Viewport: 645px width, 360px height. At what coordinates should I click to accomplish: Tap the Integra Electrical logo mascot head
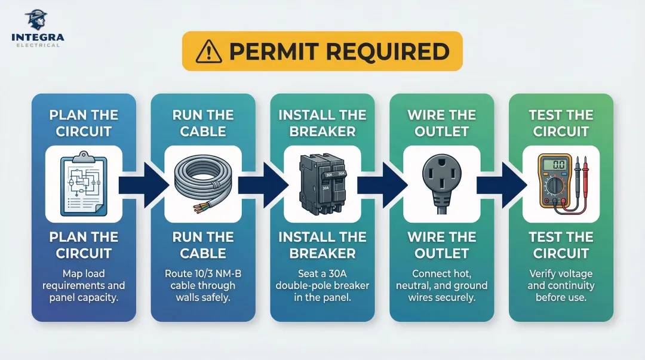coord(38,19)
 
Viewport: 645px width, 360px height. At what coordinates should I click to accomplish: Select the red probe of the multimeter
coord(586,173)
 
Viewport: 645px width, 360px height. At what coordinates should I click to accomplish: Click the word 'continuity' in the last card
coord(572,285)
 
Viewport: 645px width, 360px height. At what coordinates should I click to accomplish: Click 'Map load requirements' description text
coord(84,279)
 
